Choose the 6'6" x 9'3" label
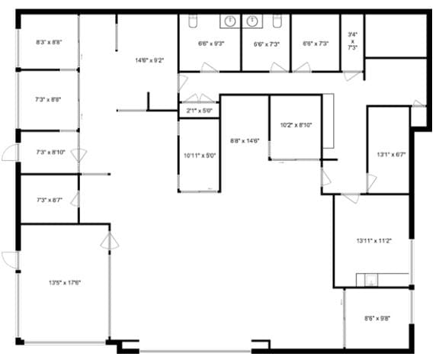pyautogui.click(x=210, y=43)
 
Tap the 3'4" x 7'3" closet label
pyautogui.click(x=352, y=40)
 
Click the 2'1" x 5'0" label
pyautogui.click(x=199, y=111)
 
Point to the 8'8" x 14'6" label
pyautogui.click(x=245, y=140)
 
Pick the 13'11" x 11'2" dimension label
pyautogui.click(x=373, y=241)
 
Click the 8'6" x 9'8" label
pyautogui.click(x=379, y=318)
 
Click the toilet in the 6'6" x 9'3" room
pyautogui.click(x=187, y=21)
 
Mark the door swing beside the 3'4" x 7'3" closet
pyautogui.click(x=350, y=76)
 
